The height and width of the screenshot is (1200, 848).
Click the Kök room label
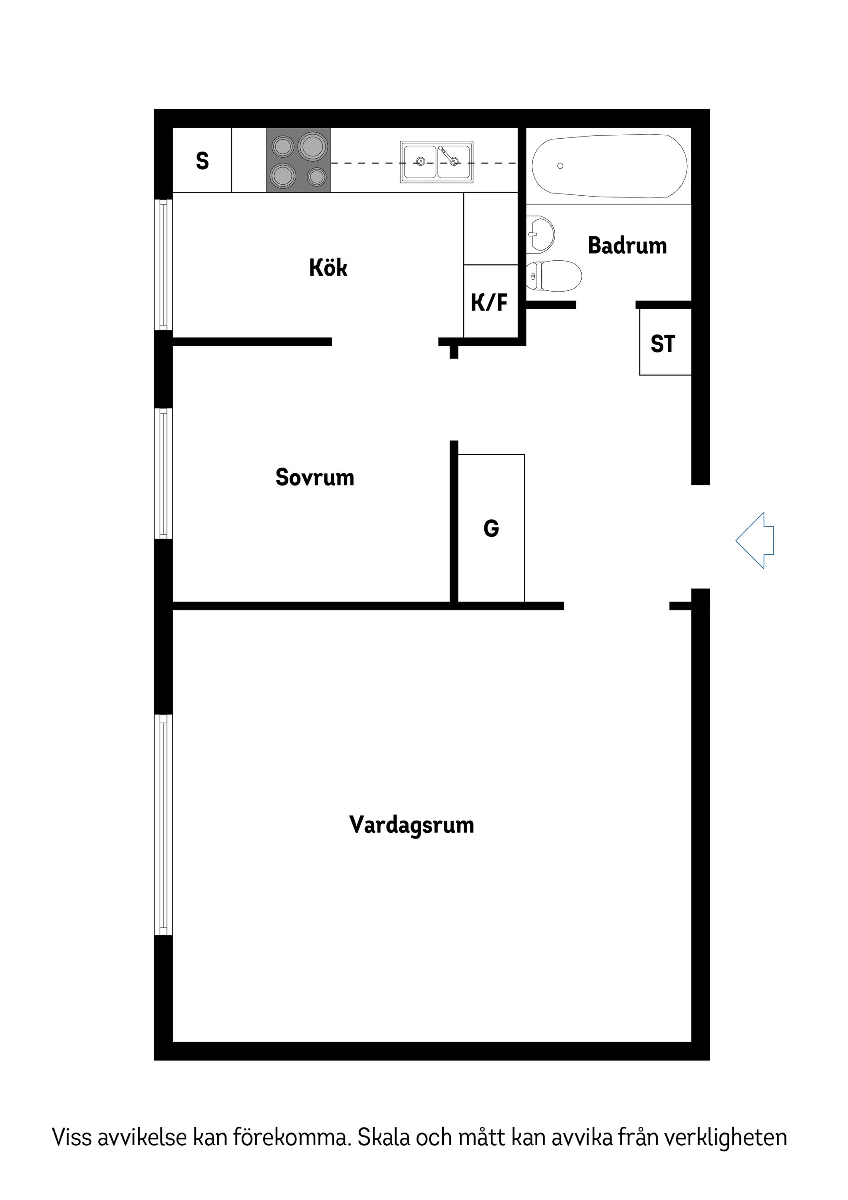(328, 268)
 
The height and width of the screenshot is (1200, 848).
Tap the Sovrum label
(314, 477)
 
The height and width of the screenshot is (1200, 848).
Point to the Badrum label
(627, 246)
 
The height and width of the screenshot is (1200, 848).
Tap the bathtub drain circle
(560, 166)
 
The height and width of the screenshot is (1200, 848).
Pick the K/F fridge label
(489, 302)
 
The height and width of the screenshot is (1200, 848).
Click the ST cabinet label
(662, 344)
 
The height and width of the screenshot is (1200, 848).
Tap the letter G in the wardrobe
(491, 528)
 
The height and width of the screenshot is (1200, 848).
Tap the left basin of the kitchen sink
(420, 162)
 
